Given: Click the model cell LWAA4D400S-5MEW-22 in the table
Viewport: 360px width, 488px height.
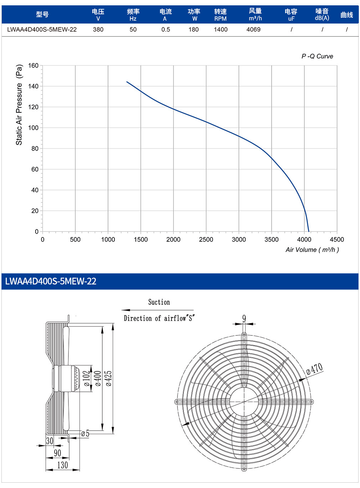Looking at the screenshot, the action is pos(42,30).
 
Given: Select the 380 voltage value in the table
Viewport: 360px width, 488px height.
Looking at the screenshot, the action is pos(98,30).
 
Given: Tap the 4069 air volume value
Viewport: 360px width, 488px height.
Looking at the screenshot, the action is pos(253,30).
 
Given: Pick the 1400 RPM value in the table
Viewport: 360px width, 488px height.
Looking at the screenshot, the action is pos(221,30).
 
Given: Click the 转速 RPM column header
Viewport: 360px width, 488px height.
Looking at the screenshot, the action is pos(220,15).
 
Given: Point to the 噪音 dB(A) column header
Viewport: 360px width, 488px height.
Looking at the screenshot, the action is pos(322,15).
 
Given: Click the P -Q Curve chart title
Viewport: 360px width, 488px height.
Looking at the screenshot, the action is pos(317,56).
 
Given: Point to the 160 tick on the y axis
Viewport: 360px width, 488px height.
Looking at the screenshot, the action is pos(33,66).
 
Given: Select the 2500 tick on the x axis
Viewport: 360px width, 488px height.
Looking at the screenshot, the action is pos(206,240).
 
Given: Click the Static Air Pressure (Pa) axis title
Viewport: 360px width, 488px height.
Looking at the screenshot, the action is pos(19,105).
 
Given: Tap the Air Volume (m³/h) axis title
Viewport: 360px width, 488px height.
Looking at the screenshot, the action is pos(312,250).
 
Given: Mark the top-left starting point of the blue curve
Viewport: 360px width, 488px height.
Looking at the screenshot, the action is pos(127,82).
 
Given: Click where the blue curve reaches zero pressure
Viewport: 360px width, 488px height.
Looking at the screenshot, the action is pos(309,231).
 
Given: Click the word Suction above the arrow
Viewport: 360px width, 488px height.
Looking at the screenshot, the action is pos(159,302).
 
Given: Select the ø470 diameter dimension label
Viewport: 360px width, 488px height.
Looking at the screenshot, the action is pos(315,369).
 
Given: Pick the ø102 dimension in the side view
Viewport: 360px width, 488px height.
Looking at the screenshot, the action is pos(87,379).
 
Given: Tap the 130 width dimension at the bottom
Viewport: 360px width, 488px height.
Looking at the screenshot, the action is pos(62,465).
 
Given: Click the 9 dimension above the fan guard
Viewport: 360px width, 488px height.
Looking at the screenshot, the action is pos(244,318).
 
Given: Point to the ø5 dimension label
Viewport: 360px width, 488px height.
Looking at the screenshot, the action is pos(85,433).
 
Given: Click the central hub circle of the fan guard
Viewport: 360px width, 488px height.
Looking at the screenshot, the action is pos(244,388).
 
